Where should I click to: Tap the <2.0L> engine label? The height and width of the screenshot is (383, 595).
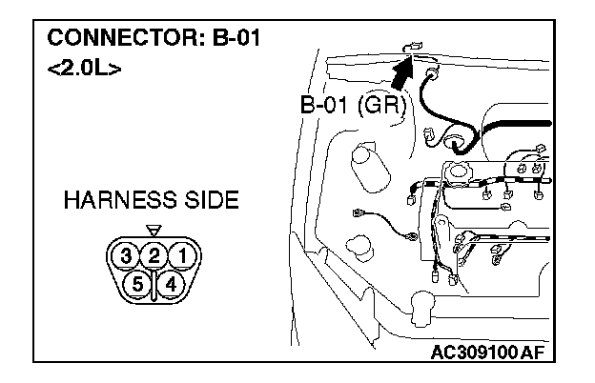(x=84, y=71)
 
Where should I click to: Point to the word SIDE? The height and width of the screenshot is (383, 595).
(x=212, y=202)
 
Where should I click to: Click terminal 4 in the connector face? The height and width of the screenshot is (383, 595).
(x=171, y=283)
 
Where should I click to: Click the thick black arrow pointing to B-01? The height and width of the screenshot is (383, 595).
(x=404, y=72)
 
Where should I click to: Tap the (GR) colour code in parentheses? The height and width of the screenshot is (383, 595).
(x=383, y=107)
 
